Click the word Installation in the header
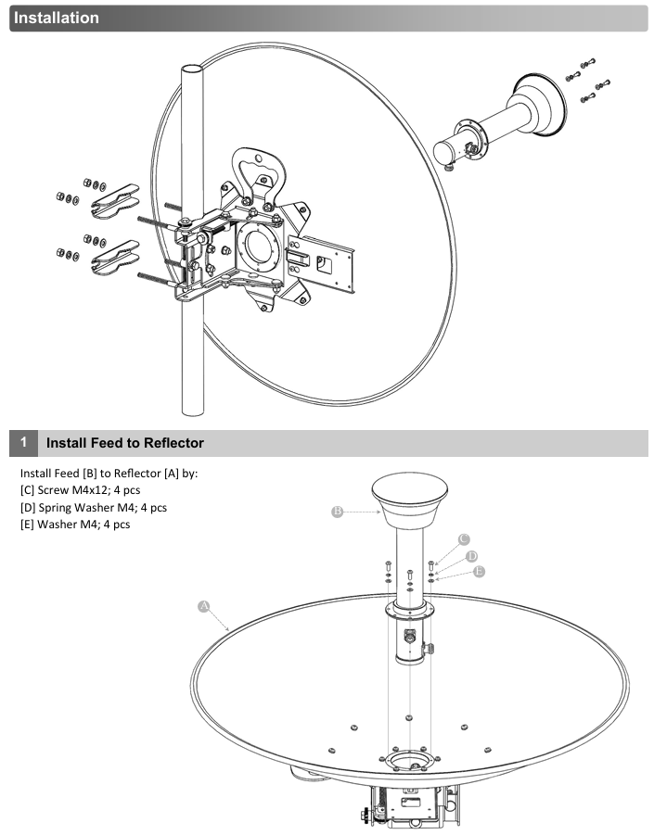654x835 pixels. pos(57,18)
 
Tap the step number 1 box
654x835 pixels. pos(23,443)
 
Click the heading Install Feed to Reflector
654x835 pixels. pos(125,443)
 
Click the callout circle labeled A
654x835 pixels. pos(203,606)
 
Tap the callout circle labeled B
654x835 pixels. pos(337,512)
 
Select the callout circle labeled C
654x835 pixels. pos(464,539)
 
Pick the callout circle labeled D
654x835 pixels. pos(471,556)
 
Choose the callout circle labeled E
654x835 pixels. pos(479,572)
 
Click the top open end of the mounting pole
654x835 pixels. pos(192,70)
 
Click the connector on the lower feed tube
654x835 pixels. pos(410,636)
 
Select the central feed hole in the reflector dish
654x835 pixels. pos(409,761)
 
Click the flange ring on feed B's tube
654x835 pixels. pos(409,611)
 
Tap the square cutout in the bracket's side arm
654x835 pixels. pos(324,263)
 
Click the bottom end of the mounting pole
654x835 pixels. pos(192,411)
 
